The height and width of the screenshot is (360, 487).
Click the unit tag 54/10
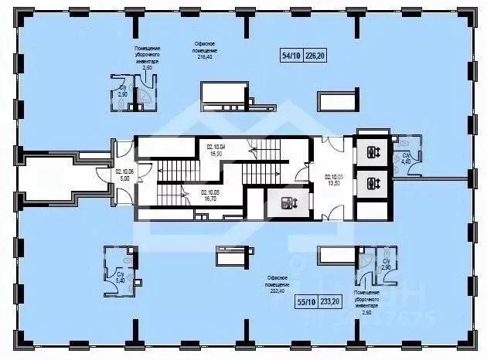291,55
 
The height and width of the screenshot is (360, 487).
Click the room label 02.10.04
215,147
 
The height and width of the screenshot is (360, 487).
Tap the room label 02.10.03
334,177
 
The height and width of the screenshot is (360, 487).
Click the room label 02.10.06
124,172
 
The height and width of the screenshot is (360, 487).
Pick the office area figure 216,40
206,56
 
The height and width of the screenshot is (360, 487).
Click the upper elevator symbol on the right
373,152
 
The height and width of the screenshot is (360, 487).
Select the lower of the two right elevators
373,184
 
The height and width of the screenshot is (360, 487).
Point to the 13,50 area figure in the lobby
334,184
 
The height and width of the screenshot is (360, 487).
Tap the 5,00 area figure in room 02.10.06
124,179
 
